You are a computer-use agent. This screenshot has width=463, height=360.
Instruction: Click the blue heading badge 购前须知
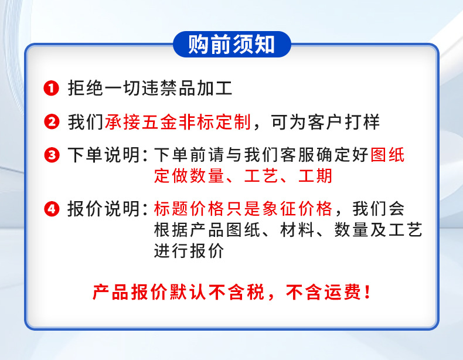(232, 45)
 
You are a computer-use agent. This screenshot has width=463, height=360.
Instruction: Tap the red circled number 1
(52, 88)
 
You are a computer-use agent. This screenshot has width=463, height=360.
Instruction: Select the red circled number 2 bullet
(52, 122)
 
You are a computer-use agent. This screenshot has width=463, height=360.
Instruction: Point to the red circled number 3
(52, 155)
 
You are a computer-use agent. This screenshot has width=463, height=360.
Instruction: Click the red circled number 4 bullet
(52, 209)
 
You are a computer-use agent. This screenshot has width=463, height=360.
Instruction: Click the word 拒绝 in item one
(86, 88)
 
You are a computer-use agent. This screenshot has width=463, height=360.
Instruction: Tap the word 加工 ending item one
(215, 88)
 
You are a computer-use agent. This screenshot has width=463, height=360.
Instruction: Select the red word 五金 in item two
(159, 122)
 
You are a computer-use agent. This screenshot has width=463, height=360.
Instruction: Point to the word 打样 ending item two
(362, 122)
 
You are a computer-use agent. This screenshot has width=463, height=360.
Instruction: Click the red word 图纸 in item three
(387, 155)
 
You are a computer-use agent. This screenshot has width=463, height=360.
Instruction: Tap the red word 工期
(315, 176)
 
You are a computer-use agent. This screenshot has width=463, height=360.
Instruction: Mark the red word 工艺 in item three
(261, 176)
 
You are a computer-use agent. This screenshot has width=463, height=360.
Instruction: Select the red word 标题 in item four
(171, 209)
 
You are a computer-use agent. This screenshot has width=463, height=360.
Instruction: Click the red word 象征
(280, 209)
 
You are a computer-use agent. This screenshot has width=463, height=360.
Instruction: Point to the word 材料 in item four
(297, 230)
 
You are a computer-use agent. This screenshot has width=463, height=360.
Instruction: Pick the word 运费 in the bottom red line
(342, 292)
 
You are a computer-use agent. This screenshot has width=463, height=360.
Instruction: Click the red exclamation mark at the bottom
(367, 292)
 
